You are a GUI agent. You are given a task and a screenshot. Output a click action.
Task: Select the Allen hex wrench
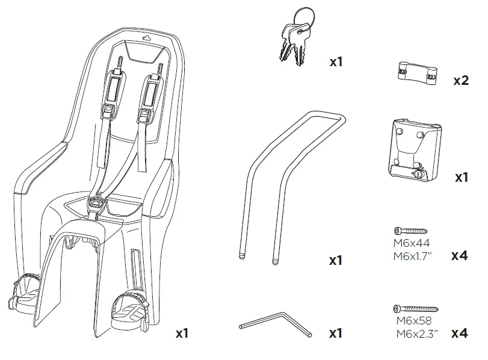pos(273,322)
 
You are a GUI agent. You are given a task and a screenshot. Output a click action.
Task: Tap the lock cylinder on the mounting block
pos(418,173)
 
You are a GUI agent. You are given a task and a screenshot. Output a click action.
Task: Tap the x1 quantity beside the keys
pos(336,61)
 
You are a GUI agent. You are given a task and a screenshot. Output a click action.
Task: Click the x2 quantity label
pos(460,81)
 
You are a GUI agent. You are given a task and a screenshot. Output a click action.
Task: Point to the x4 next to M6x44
pos(459,256)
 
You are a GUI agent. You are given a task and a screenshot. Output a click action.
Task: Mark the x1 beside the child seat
pos(182,333)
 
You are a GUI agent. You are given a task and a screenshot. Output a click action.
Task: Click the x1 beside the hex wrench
pos(336,333)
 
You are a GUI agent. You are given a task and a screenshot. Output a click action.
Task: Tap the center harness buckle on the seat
pos(96,206)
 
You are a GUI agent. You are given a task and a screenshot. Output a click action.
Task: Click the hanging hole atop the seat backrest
pos(146,36)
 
